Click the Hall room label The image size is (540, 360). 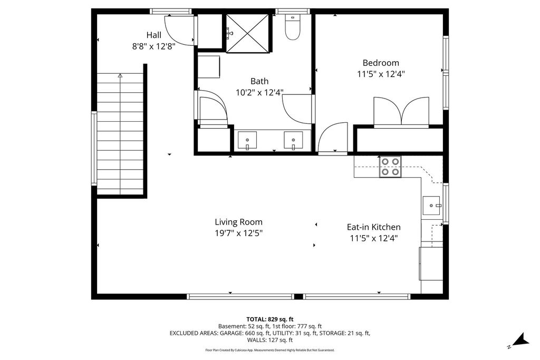pyautogui.click(x=154, y=35)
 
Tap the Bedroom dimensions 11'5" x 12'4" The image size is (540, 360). pyautogui.click(x=381, y=74)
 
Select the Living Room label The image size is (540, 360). pyautogui.click(x=238, y=222)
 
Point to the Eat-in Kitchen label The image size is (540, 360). pyautogui.click(x=373, y=227)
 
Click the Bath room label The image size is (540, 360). pyautogui.click(x=259, y=81)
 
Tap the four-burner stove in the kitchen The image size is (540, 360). pyautogui.click(x=390, y=167)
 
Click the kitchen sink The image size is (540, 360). pyautogui.click(x=432, y=205)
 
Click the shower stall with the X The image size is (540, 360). pyautogui.click(x=247, y=33)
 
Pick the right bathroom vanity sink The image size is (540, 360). pyautogui.click(x=293, y=141)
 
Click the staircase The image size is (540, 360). pyautogui.click(x=120, y=134)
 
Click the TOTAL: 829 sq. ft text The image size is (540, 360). pyautogui.click(x=270, y=319)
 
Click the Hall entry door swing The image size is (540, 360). pyautogui.click(x=178, y=31)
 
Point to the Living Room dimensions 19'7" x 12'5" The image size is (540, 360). pyautogui.click(x=238, y=232)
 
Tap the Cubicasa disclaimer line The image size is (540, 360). pyautogui.click(x=270, y=350)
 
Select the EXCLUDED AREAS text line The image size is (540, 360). pyautogui.click(x=270, y=333)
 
